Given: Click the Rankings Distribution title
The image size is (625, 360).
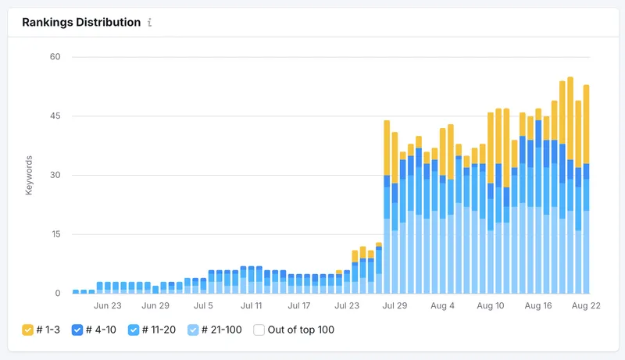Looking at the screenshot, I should pos(81,22).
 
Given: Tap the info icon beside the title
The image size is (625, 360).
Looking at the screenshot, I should pos(149,23).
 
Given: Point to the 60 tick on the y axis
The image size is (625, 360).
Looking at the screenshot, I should pos(55,57).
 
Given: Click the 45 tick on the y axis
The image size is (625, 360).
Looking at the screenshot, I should pos(55,116).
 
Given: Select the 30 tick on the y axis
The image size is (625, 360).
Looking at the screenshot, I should pos(55,175).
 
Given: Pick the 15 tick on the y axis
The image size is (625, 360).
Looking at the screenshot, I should pos(55,234).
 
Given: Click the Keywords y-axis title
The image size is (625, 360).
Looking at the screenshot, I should pos(29,176).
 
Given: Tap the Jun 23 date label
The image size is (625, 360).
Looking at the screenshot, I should pos(107,307).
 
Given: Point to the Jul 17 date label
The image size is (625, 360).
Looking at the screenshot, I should pos(299,307).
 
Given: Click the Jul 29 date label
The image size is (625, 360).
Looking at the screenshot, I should pos(395,307).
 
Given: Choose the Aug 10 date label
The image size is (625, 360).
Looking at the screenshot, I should pos(491,307).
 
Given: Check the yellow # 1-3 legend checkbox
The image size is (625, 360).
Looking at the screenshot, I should pos(27,330).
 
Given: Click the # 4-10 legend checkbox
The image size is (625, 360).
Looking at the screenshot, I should pos(77,330).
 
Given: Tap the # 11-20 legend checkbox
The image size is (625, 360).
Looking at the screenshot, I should pos(134,330).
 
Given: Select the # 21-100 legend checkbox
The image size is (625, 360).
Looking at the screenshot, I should pos(193,330).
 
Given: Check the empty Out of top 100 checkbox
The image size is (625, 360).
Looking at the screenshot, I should pos(259,330).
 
